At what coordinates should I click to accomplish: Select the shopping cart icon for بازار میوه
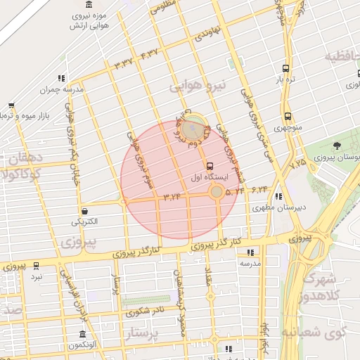(11, 105)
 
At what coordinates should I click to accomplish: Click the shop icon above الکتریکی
(85, 211)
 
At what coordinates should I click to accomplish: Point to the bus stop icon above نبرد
(36, 266)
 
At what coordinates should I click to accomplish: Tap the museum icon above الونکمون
(83, 334)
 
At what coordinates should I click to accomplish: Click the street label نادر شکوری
(150, 309)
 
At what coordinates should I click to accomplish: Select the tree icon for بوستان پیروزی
(337, 146)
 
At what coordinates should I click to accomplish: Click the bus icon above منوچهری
(288, 117)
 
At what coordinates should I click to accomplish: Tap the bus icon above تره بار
(285, 69)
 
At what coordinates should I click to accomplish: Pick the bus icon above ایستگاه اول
(212, 166)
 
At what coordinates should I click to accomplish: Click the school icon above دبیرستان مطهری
(279, 196)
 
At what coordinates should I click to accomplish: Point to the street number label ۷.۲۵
(298, 163)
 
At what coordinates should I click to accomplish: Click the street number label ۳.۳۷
(123, 65)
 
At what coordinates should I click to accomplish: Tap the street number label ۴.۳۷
(149, 53)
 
